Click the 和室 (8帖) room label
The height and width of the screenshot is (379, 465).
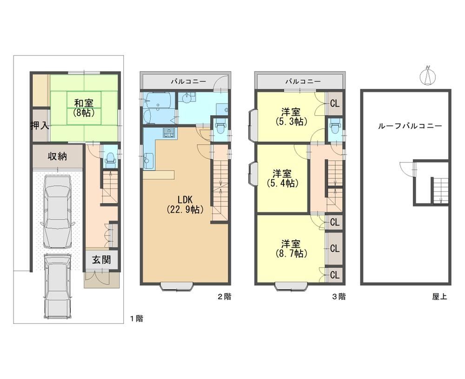click(84, 108)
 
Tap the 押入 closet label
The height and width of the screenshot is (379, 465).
click(40, 126)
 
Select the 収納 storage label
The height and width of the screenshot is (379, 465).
click(57, 156)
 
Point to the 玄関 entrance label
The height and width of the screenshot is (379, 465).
click(101, 260)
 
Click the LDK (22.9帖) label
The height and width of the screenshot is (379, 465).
click(185, 204)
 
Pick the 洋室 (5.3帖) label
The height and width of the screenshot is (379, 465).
click(291, 117)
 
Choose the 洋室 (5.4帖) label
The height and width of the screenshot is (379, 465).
click(282, 178)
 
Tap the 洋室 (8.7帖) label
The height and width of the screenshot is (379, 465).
click(291, 249)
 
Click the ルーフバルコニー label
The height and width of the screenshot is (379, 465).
click(410, 126)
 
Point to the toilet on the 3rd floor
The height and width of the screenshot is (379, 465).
click(335, 127)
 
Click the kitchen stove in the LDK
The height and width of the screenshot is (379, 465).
click(169, 133)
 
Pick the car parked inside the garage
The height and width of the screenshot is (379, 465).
click(57, 211)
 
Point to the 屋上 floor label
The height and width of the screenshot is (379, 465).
click(439, 296)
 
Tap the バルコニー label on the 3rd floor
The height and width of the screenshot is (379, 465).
click(303, 81)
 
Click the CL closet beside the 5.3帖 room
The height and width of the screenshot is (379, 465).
click(335, 104)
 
